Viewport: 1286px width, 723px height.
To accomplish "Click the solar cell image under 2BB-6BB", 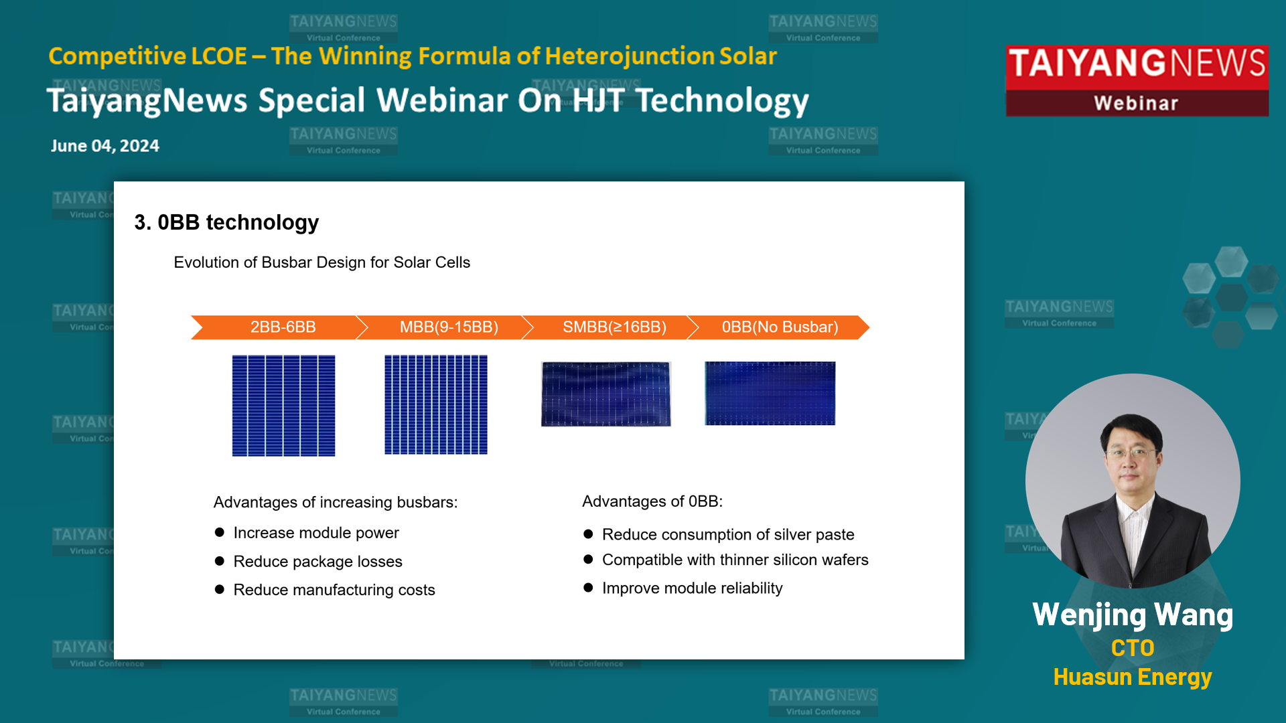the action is (283, 406).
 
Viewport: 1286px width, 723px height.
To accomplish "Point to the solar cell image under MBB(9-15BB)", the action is (436, 404).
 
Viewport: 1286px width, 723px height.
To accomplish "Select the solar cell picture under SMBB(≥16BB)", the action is (606, 394).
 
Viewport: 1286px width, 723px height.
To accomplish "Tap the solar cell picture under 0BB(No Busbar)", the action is (770, 394).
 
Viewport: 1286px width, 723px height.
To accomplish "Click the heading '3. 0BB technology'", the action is (226, 222).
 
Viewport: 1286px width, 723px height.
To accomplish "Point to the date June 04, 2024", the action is (105, 146).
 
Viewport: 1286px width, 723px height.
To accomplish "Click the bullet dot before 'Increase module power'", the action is (219, 532).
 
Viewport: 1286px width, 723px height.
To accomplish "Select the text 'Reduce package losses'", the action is (318, 562).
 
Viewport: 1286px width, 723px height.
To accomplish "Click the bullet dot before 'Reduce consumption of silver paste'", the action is (588, 534).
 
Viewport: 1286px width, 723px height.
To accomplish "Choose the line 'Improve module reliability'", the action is (693, 588).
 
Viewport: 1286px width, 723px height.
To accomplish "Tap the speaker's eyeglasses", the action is (1131, 453).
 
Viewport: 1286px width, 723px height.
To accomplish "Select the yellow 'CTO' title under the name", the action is (1133, 648).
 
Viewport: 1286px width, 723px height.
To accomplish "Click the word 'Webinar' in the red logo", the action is (1136, 103).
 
